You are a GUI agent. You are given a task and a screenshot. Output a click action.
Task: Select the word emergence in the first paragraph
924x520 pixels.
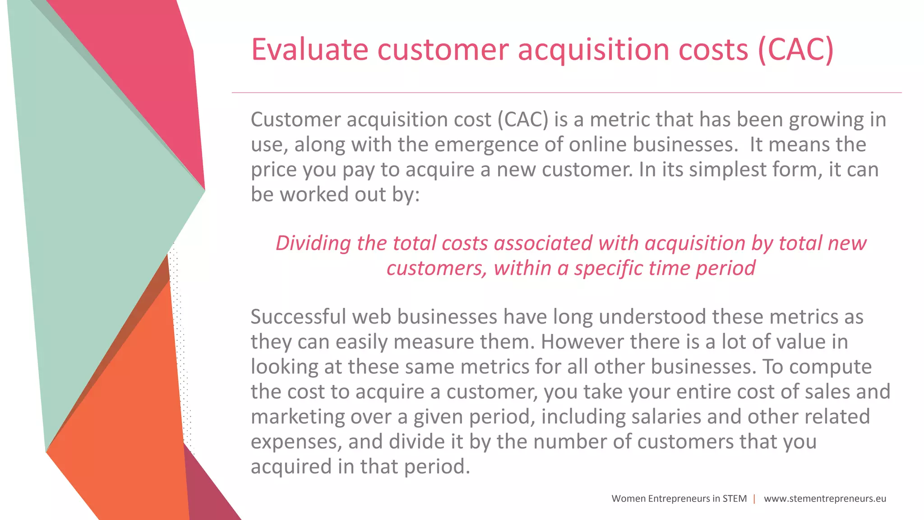pyautogui.click(x=485, y=145)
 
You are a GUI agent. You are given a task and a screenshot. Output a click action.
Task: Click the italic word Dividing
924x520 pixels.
pyautogui.click(x=313, y=244)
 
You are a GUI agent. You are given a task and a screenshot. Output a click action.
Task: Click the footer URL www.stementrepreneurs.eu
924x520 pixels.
pyautogui.click(x=825, y=499)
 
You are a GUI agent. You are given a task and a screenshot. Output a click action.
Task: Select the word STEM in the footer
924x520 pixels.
pyautogui.click(x=735, y=499)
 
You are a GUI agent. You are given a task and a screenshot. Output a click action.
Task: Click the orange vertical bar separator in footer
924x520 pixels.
pyautogui.click(x=754, y=499)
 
